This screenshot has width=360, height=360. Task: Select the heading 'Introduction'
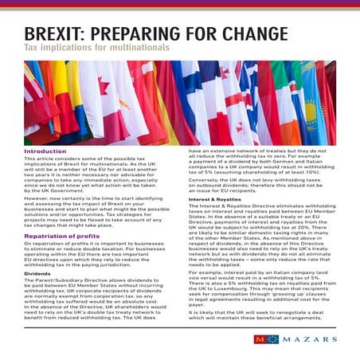[45, 151]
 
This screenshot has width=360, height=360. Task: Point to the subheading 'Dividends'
[37, 273]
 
